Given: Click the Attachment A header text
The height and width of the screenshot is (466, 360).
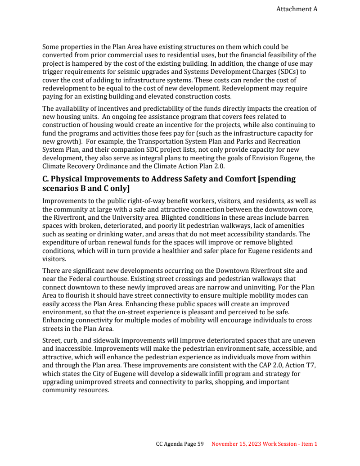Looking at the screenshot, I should click(297, 9).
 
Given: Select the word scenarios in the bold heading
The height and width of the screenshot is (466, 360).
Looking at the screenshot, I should click(60, 188).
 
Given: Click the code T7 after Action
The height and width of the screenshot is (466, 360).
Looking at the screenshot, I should click(311, 365).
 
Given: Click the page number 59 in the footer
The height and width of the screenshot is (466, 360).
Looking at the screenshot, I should click(201, 444).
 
